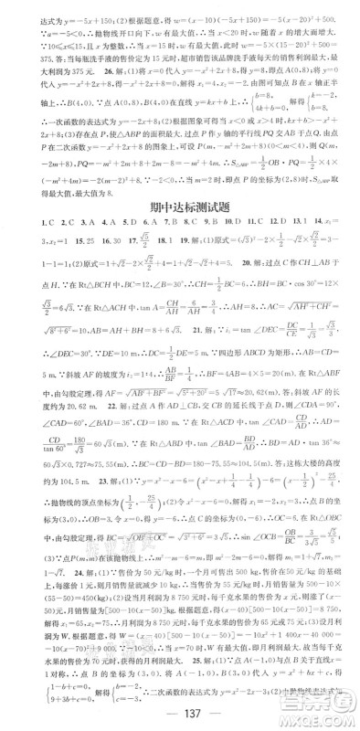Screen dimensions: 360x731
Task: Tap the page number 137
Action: [179, 714]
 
